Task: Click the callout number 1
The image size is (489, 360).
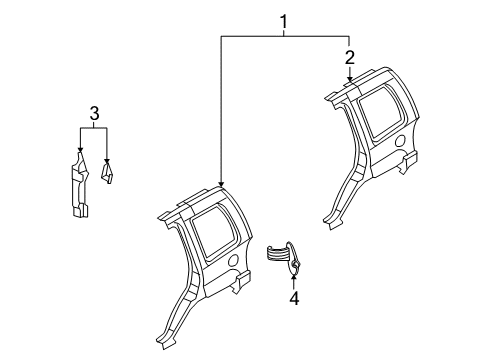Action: (284, 20)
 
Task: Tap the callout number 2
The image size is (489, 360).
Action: (349, 56)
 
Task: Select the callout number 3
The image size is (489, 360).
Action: (94, 115)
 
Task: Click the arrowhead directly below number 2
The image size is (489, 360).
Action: (349, 81)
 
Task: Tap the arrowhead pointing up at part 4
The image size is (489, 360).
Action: (294, 277)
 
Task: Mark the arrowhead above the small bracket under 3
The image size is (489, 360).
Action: (108, 161)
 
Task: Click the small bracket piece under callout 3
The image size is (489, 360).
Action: (109, 175)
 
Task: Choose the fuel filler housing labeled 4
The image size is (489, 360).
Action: (286, 258)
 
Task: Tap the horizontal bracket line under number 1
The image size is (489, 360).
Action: (284, 34)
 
